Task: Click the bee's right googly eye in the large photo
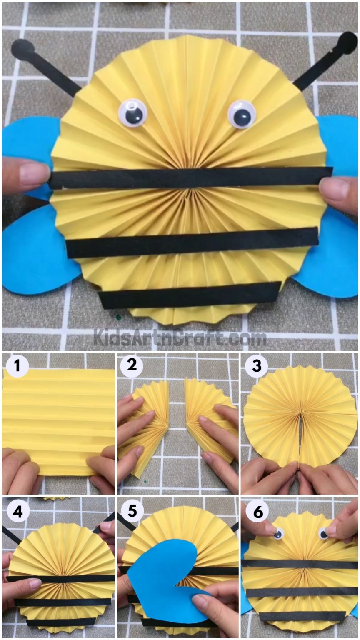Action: point(242,114)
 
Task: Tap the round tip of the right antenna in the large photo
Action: point(347,43)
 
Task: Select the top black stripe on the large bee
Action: point(190,178)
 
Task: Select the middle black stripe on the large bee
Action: point(192,242)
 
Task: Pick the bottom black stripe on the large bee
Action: point(190,294)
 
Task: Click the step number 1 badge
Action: point(17,366)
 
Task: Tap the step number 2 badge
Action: point(132,366)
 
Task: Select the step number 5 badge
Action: point(132,511)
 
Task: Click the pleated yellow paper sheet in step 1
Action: point(58,417)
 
